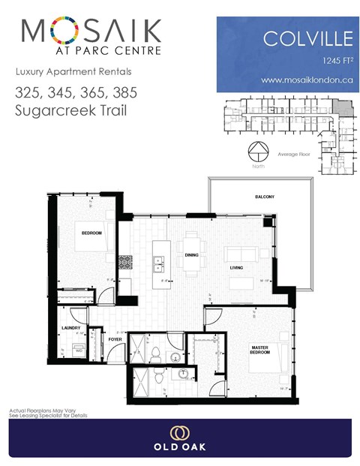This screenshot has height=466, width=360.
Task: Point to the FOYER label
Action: [x=115, y=339]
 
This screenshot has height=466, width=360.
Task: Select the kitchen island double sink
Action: [x=158, y=263]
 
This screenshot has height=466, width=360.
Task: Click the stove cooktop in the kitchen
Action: [x=127, y=263]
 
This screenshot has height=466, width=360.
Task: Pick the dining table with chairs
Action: [x=192, y=256]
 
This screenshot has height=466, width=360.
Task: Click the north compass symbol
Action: [x=257, y=151]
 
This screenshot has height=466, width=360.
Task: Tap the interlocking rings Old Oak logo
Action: [x=179, y=432]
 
